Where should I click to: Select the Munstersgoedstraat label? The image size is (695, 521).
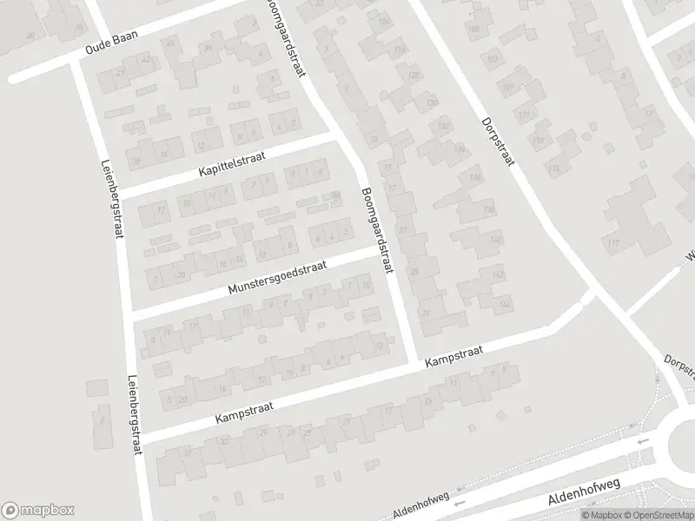pos(277,277)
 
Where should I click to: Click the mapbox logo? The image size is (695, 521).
pos(38,511)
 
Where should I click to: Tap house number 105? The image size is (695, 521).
pos(473,30)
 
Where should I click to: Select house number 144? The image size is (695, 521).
pos(505,305)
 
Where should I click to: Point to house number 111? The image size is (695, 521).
pos(523,115)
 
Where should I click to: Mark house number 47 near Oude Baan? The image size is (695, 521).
pos(121,72)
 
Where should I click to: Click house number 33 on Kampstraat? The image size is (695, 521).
pos(226,442)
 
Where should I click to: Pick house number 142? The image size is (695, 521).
pos(498,274)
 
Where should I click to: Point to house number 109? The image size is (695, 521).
pos(508,86)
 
